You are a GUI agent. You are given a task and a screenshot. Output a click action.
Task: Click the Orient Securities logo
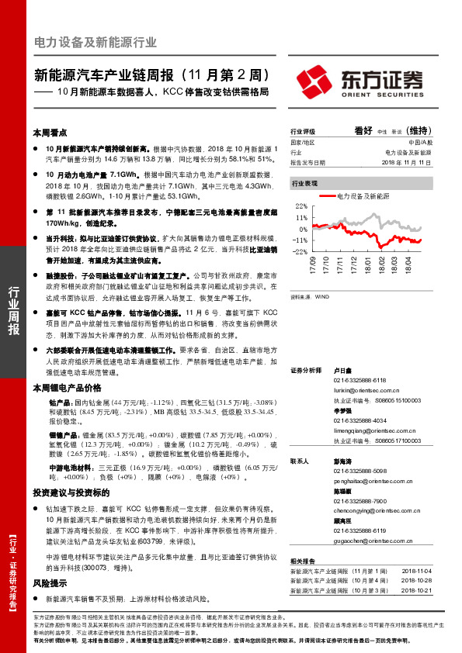click(361, 81)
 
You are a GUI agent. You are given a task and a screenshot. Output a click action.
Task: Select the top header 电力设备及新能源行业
click(96, 42)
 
